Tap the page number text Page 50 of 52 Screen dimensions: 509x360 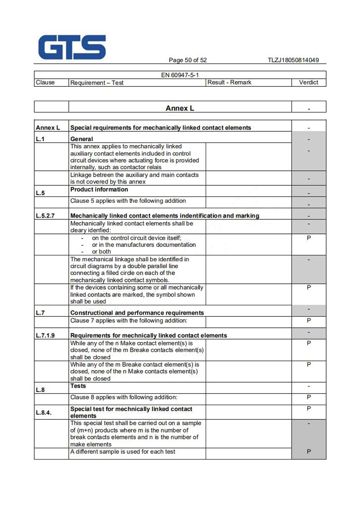click(188, 60)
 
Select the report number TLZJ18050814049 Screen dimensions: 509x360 click(293, 60)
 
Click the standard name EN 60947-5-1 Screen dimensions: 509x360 click(180, 75)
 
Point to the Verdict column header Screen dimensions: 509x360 click(308, 82)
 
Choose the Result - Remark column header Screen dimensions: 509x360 click(229, 82)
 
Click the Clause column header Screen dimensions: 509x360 click(45, 82)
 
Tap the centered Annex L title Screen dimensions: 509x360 click(180, 108)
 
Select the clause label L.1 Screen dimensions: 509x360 click(40, 139)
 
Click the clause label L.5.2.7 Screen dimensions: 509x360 click(45, 215)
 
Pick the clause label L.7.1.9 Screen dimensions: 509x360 click(45, 335)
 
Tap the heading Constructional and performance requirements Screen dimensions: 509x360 click(137, 313)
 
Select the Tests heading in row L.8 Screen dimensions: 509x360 click(78, 386)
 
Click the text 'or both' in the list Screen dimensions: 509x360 click(101, 252)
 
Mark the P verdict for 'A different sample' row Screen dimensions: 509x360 click(309, 451)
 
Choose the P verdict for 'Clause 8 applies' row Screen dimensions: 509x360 click(309, 397)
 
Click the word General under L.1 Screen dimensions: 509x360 click(81, 139)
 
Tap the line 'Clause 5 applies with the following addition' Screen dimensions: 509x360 click(128, 201)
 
